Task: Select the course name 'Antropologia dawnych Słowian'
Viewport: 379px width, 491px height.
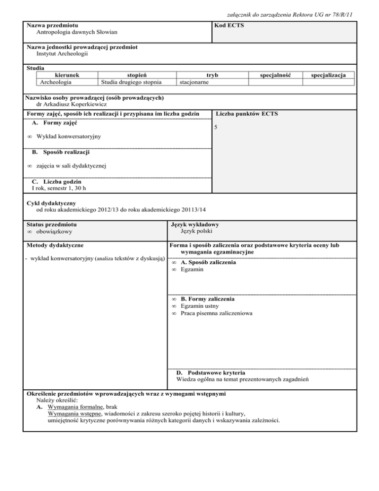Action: [77, 32]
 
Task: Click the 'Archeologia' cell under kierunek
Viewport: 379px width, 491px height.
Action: [56, 82]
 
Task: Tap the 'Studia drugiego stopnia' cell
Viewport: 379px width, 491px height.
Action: [130, 82]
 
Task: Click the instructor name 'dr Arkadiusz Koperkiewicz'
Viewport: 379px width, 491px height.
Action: [71, 104]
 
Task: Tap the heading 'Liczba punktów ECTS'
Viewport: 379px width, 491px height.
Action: [247, 114]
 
